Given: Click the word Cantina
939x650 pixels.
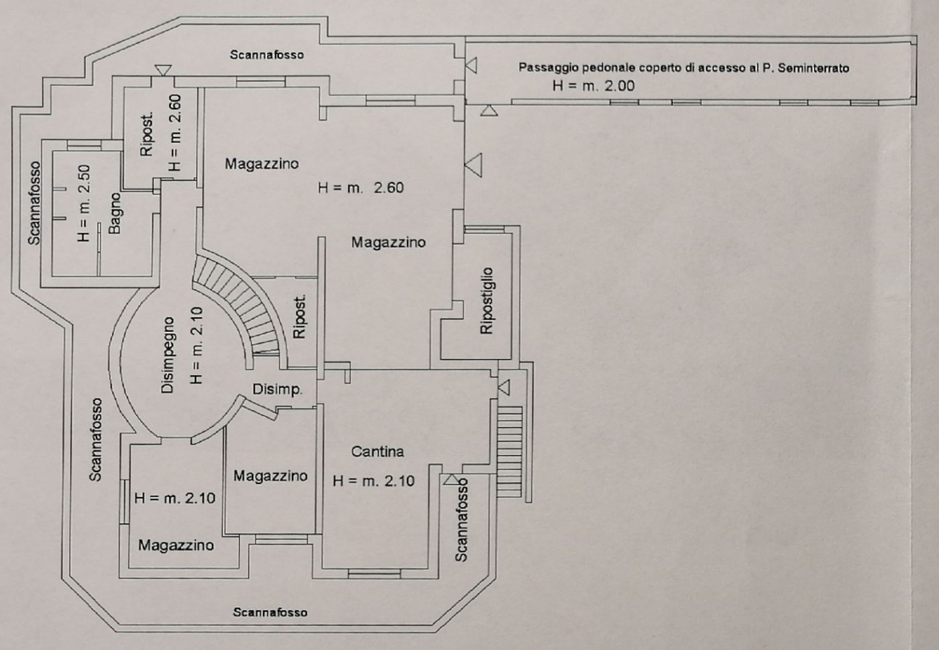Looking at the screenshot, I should tap(378, 451).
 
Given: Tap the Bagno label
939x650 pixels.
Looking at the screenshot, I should tap(115, 213).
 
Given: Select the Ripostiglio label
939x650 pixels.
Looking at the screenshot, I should tap(487, 301).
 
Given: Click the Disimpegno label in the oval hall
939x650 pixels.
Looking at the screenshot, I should tap(168, 355).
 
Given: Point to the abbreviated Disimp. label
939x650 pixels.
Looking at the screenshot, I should tap(277, 389).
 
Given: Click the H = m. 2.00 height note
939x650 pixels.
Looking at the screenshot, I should tap(593, 86).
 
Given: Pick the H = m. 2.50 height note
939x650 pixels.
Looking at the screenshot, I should tap(84, 203).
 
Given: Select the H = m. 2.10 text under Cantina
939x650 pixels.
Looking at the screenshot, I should tap(374, 481).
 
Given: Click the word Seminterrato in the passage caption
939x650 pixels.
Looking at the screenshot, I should tap(813, 68).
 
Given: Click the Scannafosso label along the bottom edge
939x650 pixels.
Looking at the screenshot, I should tap(270, 612).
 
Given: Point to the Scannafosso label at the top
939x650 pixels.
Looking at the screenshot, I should tap(266, 54).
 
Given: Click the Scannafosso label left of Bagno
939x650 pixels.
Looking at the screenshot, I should tap(34, 203).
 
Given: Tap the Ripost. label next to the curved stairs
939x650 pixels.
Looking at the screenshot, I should tap(300, 317).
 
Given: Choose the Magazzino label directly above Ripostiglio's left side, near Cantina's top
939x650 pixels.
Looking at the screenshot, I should tap(388, 242).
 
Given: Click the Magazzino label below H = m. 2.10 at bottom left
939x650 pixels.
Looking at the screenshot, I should tap(176, 545).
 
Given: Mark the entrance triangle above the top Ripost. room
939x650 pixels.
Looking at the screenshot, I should tap(163, 70).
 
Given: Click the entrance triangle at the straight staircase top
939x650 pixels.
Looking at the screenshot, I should tap(503, 387).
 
